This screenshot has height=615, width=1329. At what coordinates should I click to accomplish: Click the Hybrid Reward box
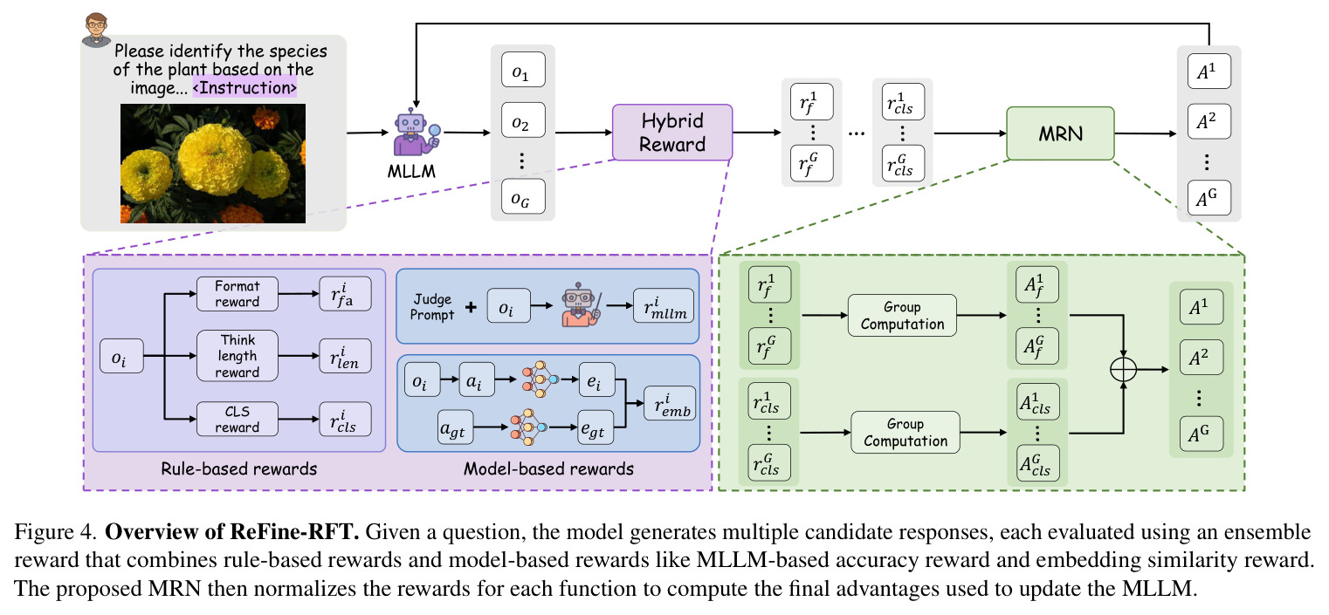click(x=672, y=132)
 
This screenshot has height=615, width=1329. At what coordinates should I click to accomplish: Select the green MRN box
click(x=1060, y=133)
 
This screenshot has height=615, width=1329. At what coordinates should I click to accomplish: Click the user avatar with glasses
click(x=96, y=30)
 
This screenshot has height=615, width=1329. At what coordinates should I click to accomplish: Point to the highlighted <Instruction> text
click(x=244, y=88)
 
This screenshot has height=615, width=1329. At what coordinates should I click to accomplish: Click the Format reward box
click(x=238, y=294)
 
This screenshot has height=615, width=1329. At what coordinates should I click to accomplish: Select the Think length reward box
click(x=238, y=356)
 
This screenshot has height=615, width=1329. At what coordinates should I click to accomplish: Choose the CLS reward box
click(x=238, y=419)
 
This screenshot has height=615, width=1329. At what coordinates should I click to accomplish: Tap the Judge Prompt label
click(x=432, y=307)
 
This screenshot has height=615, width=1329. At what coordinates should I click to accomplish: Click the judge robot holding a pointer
click(x=582, y=305)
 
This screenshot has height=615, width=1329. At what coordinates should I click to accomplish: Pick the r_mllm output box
click(x=664, y=305)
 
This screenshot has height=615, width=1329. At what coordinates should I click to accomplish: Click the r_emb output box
click(x=671, y=404)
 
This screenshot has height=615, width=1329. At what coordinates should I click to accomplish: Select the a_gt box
click(x=455, y=427)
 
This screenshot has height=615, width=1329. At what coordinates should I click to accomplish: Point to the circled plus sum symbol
click(x=1123, y=370)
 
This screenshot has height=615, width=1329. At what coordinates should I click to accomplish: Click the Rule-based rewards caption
click(x=239, y=468)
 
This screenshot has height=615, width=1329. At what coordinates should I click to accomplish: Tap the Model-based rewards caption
click(x=549, y=468)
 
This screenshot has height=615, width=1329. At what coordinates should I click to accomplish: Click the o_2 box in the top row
click(x=523, y=120)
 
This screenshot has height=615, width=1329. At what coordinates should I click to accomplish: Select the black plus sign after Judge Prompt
click(x=471, y=307)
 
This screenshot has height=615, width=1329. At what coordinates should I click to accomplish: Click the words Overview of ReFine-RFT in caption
click(x=232, y=531)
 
